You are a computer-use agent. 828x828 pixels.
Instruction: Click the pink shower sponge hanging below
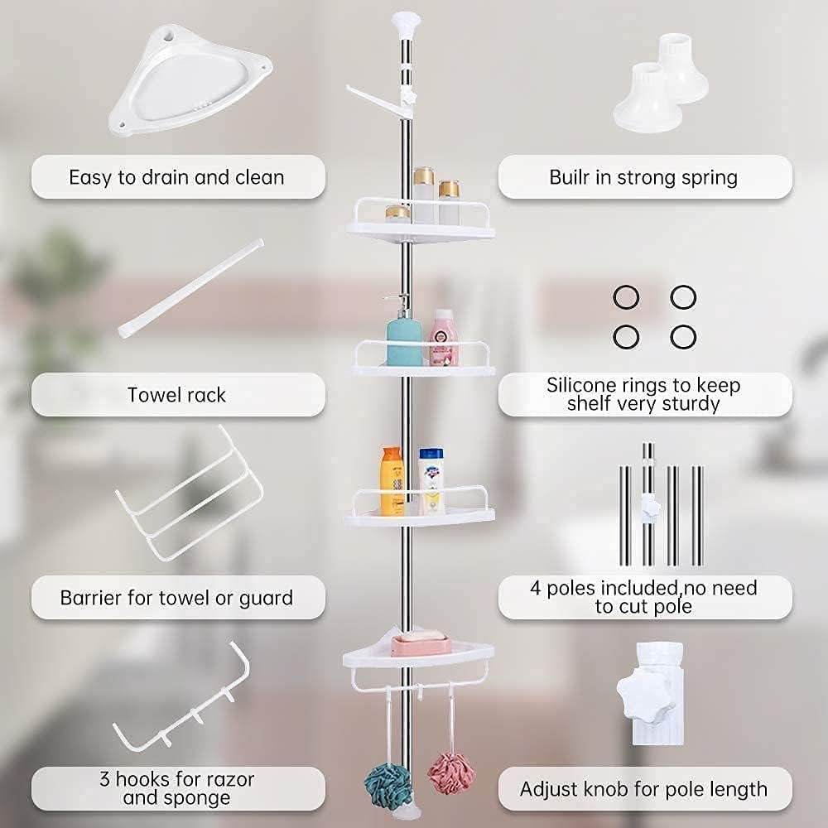pyautogui.click(x=450, y=773)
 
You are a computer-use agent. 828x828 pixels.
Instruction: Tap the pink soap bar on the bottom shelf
pyautogui.click(x=421, y=644)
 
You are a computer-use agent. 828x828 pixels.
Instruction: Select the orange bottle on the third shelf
pyautogui.click(x=392, y=481)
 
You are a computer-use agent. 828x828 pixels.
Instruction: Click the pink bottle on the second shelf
pyautogui.click(x=444, y=338)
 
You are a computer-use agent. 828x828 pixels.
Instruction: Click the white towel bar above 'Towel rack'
pyautogui.click(x=190, y=288)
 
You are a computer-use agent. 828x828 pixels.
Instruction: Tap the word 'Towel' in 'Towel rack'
pyautogui.click(x=151, y=395)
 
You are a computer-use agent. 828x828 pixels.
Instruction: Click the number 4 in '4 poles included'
pyautogui.click(x=536, y=588)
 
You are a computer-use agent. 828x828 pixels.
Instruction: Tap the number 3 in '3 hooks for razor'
pyautogui.click(x=105, y=779)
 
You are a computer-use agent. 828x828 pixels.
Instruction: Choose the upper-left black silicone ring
pyautogui.click(x=626, y=297)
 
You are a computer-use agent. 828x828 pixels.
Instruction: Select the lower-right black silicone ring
pyautogui.click(x=683, y=336)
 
